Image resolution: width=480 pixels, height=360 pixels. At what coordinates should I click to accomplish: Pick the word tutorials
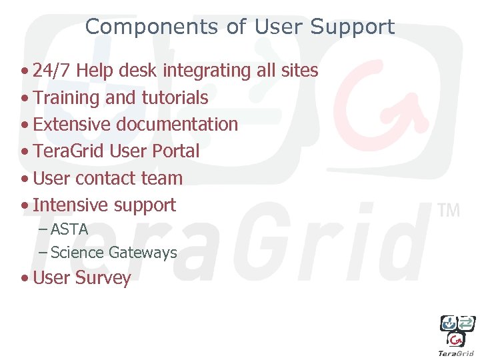[175, 98]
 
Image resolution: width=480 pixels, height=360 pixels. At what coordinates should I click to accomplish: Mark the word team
[162, 179]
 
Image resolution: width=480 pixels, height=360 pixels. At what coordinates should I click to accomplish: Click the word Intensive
[71, 205]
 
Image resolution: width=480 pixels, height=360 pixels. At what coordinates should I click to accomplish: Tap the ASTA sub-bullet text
[69, 229]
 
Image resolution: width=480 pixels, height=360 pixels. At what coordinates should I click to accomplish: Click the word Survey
[103, 278]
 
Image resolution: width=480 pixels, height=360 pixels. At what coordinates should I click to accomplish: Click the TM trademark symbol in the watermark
[449, 211]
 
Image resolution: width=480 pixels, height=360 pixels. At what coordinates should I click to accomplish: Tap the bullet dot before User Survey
[25, 279]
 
